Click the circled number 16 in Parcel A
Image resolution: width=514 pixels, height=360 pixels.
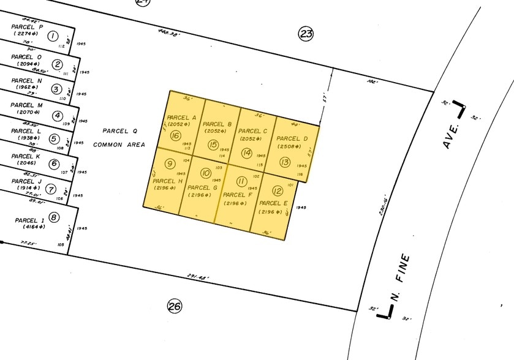(176, 136)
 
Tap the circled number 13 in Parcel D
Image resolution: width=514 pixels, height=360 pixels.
(284, 162)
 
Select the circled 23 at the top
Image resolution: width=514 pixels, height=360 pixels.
(306, 34)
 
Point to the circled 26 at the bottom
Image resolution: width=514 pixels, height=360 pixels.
(175, 306)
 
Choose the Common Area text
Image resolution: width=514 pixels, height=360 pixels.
(119, 144)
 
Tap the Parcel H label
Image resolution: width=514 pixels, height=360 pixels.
(167, 181)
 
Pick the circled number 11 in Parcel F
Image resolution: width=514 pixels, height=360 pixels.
(241, 181)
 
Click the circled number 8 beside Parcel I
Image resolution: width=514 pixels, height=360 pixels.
(54, 217)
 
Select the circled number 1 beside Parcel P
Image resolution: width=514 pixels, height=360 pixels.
(53, 36)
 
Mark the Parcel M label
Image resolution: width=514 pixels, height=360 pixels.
(27, 105)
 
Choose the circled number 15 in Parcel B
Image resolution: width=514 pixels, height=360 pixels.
(213, 144)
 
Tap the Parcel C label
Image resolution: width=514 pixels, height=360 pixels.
(252, 131)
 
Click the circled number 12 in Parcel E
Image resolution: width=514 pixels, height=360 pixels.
(277, 190)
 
